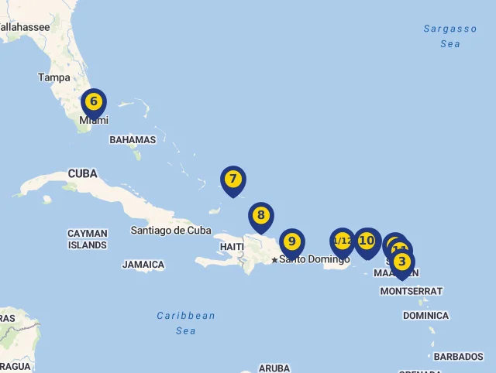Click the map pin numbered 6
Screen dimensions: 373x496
[x=93, y=102]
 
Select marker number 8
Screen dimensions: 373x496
[x=261, y=216]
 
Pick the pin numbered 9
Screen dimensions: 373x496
[x=291, y=241]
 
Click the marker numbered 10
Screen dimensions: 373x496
[x=367, y=241]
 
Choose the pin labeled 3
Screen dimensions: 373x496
[x=401, y=262]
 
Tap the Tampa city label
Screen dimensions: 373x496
[x=54, y=77]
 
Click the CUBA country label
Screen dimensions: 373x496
[x=82, y=173]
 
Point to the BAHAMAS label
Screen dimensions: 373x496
[x=133, y=140]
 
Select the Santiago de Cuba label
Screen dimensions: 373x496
[x=170, y=230]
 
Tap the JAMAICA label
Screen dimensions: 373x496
[x=143, y=265]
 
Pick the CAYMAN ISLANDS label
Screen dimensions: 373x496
[x=87, y=239]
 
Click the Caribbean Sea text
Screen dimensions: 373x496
[x=186, y=323]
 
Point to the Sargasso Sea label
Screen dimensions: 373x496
[x=450, y=36]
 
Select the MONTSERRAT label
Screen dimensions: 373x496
[x=411, y=291]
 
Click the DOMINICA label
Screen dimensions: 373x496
[x=425, y=316]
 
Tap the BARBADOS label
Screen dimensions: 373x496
[x=458, y=357]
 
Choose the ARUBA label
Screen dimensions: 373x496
[x=274, y=368]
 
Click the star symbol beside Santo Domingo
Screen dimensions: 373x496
[x=274, y=260]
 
